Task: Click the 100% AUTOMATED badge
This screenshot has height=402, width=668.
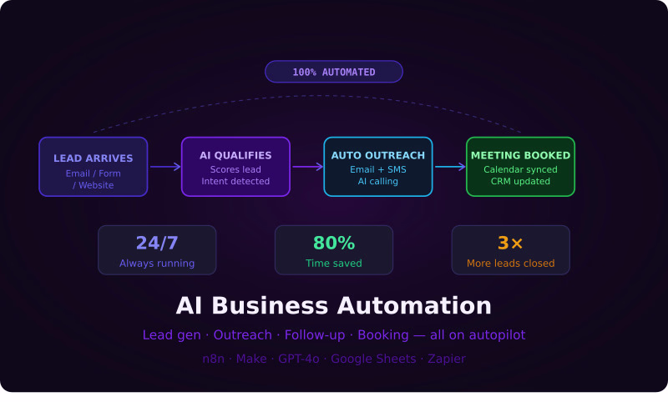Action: click(333, 72)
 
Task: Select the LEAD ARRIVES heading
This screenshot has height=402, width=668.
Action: click(94, 158)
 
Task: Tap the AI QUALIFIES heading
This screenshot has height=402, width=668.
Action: click(235, 155)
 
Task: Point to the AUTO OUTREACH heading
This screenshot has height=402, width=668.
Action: click(378, 155)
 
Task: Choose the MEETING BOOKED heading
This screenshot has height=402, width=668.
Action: click(520, 155)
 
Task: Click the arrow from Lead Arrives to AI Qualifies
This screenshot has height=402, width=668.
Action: click(165, 167)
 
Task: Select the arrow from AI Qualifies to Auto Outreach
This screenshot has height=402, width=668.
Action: click(308, 167)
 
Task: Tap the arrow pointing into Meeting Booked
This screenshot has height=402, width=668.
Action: click(450, 167)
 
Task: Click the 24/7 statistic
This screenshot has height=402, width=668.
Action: click(157, 243)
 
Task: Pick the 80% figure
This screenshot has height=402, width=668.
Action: click(334, 243)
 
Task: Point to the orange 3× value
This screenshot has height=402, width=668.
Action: click(510, 243)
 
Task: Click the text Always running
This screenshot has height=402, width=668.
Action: click(157, 264)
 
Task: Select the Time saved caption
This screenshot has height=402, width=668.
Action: click(334, 264)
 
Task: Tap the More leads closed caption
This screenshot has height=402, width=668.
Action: click(511, 264)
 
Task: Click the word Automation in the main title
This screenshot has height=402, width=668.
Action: click(414, 305)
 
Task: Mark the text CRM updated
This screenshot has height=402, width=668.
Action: click(520, 181)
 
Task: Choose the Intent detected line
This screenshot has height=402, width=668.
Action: click(235, 181)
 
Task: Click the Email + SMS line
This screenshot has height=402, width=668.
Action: click(378, 169)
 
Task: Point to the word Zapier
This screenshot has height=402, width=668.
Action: click(447, 359)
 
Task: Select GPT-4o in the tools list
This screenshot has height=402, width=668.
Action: click(299, 359)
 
